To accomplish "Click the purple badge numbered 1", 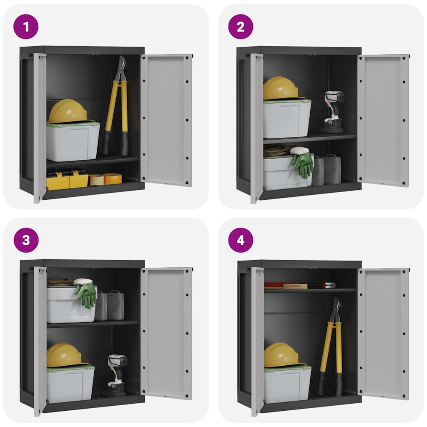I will pos(26,27).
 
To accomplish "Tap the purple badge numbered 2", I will pos(241,27).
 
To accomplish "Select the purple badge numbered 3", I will pos(26,240).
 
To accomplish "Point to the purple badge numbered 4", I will pos(241,240).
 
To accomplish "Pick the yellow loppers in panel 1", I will pos(117,108).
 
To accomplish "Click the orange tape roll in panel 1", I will pos(112,179).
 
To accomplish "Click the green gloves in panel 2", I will pos(303,163).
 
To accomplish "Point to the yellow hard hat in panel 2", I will pos(280,88).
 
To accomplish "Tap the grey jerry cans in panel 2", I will pos(327,170).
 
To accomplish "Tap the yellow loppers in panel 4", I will pos(332,346).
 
